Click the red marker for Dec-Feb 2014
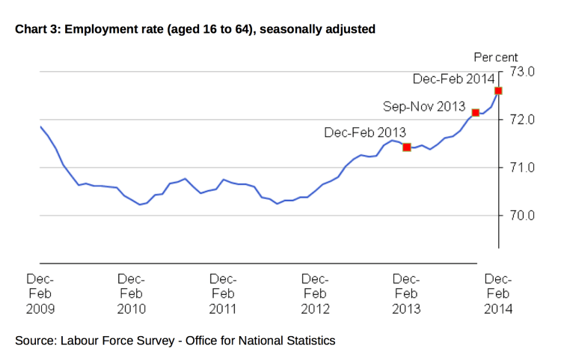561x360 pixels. click(498, 91)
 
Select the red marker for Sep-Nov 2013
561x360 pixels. click(476, 112)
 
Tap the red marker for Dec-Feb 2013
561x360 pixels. click(407, 147)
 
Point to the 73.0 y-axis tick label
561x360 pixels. click(523, 72)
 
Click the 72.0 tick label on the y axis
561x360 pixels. click(523, 120)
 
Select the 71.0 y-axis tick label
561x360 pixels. click(523, 168)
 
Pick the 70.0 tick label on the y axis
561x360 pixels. click(523, 216)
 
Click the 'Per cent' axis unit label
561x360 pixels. click(496, 57)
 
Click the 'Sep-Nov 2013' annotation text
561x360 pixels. click(424, 106)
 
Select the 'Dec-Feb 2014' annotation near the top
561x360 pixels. click(453, 79)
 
